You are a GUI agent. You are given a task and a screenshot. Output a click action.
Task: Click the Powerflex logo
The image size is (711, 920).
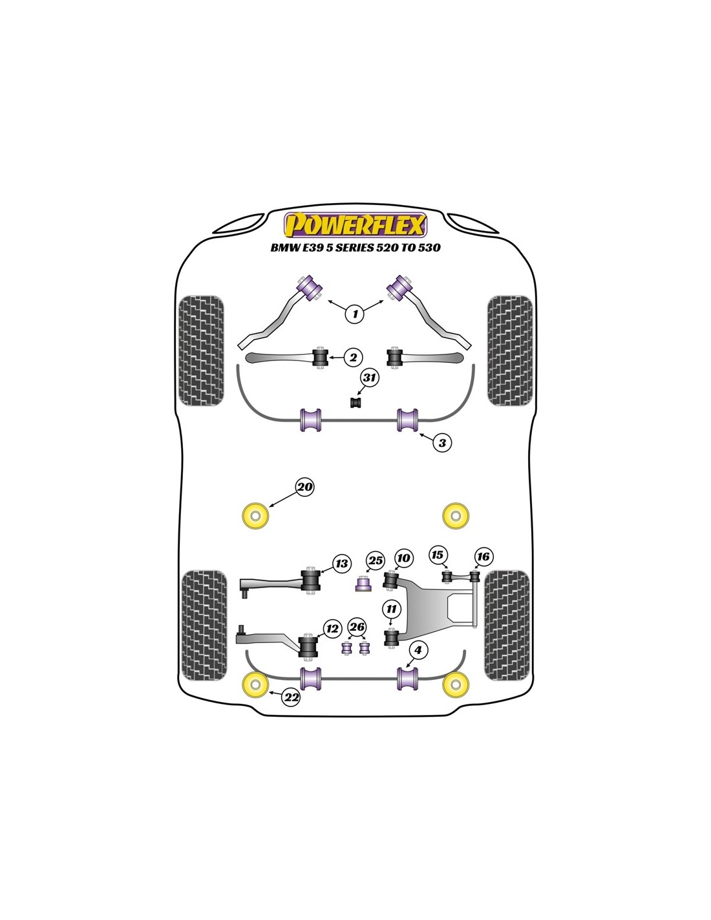click(x=355, y=225)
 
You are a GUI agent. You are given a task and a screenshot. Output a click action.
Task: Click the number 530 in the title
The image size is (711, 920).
click(x=429, y=248)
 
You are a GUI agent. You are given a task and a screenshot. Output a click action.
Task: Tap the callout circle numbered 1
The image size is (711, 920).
click(x=355, y=314)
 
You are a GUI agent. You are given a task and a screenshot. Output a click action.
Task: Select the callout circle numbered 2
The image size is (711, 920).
click(x=353, y=357)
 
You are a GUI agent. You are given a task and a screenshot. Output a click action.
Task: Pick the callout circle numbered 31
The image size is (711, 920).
click(x=370, y=377)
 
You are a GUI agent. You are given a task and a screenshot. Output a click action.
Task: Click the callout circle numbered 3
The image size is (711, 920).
click(x=442, y=443)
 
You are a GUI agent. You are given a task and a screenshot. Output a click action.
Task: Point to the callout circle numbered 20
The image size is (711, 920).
click(x=304, y=487)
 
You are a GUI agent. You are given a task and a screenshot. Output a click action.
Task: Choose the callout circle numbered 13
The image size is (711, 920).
click(x=341, y=564)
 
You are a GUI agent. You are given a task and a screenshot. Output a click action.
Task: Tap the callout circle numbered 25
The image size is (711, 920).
click(x=375, y=560)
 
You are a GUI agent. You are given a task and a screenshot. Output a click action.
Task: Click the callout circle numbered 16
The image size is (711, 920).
click(x=483, y=556)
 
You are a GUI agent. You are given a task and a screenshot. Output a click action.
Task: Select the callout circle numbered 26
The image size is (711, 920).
click(x=357, y=627)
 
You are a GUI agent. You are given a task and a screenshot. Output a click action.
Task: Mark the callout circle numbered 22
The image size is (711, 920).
click(x=292, y=697)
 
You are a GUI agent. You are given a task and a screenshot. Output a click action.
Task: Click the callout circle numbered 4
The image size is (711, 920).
click(x=418, y=650)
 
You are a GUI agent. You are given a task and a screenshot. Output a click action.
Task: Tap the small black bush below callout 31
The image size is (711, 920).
click(x=357, y=402)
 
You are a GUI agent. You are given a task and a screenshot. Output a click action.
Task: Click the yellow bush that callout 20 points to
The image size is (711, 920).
click(x=256, y=516)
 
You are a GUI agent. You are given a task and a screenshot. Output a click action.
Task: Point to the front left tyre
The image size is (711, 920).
click(x=201, y=351)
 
